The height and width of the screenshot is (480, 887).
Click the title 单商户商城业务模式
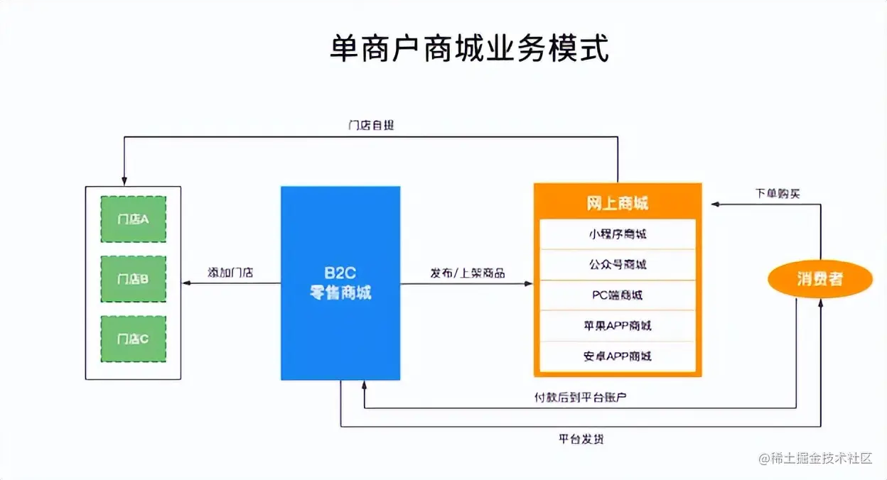point(470,48)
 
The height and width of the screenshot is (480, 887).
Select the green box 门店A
point(133,219)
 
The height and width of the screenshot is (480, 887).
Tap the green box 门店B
point(133,279)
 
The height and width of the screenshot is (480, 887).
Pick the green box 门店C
point(133,339)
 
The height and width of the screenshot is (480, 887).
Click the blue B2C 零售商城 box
point(340,283)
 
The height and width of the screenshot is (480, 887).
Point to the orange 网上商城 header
point(617,204)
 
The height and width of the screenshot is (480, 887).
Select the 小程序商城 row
point(617,234)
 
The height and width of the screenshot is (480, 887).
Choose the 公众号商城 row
point(617,265)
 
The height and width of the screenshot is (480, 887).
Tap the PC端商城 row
point(617,295)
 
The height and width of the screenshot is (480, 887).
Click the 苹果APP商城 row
point(617,326)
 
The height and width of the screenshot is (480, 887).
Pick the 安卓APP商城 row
point(617,356)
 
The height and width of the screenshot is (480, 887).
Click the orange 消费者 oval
point(819,279)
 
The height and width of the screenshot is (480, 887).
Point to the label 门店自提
point(371,126)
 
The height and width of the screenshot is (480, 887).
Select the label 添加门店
point(230,273)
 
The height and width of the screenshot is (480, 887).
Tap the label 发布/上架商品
point(467,273)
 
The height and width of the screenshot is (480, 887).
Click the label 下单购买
point(777,193)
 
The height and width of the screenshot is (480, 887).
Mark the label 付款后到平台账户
point(581,398)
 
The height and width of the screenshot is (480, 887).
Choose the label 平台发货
point(581,440)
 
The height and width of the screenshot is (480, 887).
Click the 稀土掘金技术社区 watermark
point(815,459)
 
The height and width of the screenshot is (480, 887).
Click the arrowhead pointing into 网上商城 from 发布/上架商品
point(529,283)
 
